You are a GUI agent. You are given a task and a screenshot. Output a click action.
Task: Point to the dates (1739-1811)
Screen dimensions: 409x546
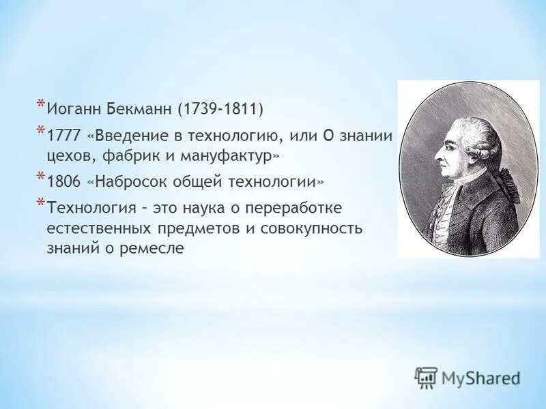point(220,108)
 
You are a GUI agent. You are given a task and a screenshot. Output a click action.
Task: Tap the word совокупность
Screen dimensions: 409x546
point(318,228)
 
